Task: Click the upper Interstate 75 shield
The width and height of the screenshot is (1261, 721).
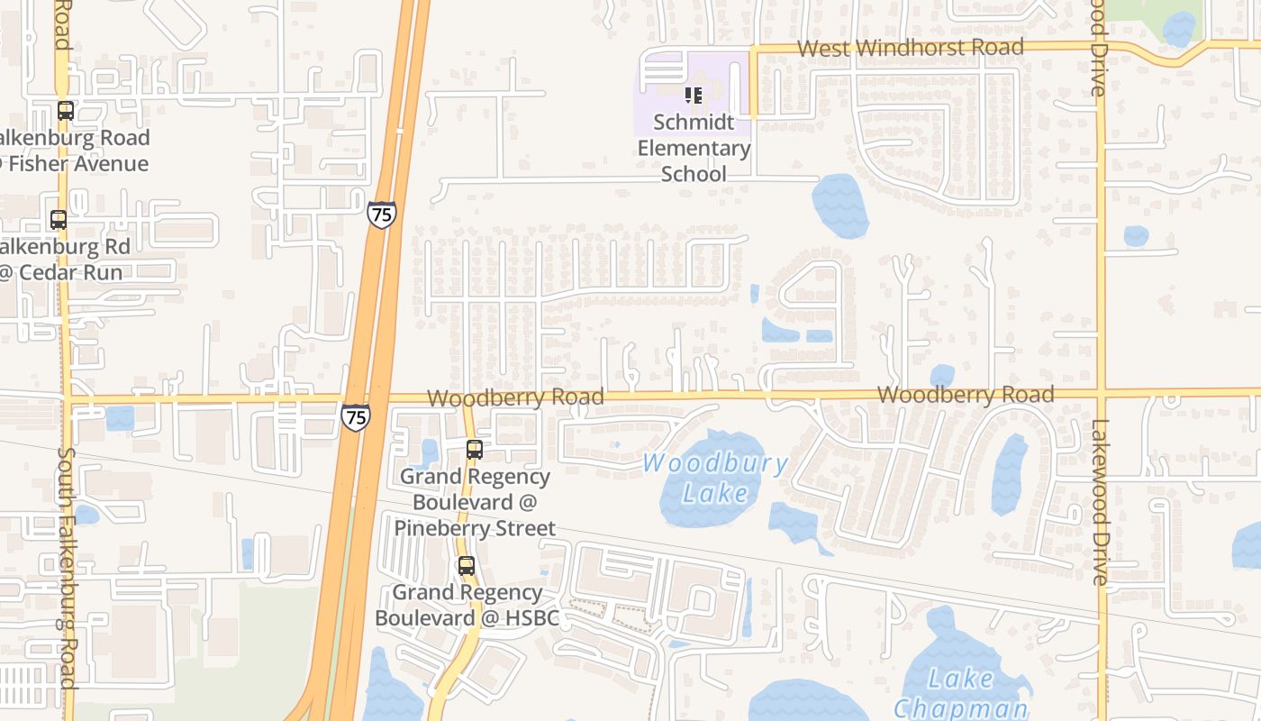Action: [x=381, y=214]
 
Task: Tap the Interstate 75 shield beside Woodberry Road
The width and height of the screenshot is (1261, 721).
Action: [x=355, y=416]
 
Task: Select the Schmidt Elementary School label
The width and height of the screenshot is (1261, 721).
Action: [x=694, y=148]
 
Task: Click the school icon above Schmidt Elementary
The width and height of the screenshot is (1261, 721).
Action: [x=693, y=95]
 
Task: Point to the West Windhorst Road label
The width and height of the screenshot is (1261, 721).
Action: [x=911, y=48]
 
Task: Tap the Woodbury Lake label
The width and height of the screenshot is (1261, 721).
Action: [x=716, y=479]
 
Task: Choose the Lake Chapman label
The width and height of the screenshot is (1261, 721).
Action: [x=961, y=693]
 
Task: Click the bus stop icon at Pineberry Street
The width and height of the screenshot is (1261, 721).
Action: [x=474, y=449]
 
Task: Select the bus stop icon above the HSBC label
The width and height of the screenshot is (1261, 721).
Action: [x=466, y=566]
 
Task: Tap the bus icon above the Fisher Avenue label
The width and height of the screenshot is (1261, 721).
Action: [x=65, y=111]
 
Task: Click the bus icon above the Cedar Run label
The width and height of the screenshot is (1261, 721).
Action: [x=59, y=219]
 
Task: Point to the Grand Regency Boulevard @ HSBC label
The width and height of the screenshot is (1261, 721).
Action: [x=467, y=605]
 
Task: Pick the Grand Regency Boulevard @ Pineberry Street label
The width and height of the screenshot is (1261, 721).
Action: [x=475, y=502]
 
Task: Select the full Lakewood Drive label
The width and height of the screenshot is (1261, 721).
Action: [x=1101, y=502]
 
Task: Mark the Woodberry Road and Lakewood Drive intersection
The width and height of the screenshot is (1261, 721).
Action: [x=1101, y=394]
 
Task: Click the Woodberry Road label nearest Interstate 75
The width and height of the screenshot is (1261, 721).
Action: [x=515, y=397]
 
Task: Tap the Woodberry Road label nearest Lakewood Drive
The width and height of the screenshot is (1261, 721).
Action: [x=965, y=395]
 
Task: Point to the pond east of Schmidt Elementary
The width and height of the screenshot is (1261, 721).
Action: [x=839, y=206]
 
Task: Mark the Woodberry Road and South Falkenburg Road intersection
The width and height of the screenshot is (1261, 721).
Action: [x=65, y=397]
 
